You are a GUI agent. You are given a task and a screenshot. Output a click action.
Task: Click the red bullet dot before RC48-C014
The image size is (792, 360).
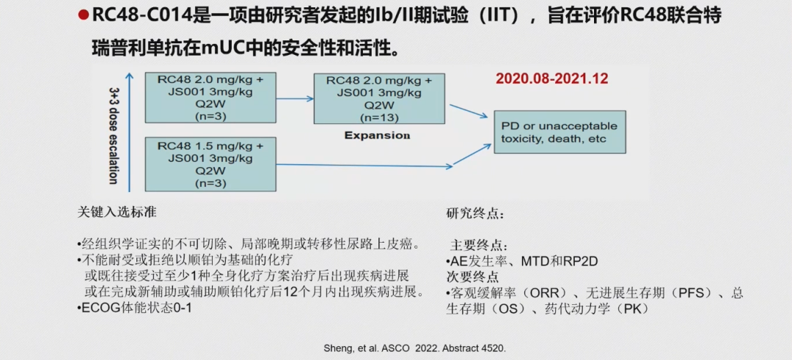84,16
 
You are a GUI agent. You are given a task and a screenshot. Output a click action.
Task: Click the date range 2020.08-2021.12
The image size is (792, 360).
551,78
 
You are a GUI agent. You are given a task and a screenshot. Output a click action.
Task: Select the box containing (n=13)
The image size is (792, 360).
379,98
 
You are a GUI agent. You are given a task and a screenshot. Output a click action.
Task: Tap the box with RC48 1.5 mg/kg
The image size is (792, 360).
210,164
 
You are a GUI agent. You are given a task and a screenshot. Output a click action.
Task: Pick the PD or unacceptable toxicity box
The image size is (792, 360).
560,132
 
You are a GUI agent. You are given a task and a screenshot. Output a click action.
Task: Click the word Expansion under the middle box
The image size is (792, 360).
378,136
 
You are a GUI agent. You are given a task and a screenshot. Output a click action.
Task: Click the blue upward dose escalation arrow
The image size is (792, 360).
130,132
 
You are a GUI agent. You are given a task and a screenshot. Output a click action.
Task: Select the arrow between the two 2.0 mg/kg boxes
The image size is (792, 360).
295,98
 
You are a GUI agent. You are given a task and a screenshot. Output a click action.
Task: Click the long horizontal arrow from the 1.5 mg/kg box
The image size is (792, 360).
364,165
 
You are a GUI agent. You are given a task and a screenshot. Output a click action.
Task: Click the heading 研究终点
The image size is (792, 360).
474,213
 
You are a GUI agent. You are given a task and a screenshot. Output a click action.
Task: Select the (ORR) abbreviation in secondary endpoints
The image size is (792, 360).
549,293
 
